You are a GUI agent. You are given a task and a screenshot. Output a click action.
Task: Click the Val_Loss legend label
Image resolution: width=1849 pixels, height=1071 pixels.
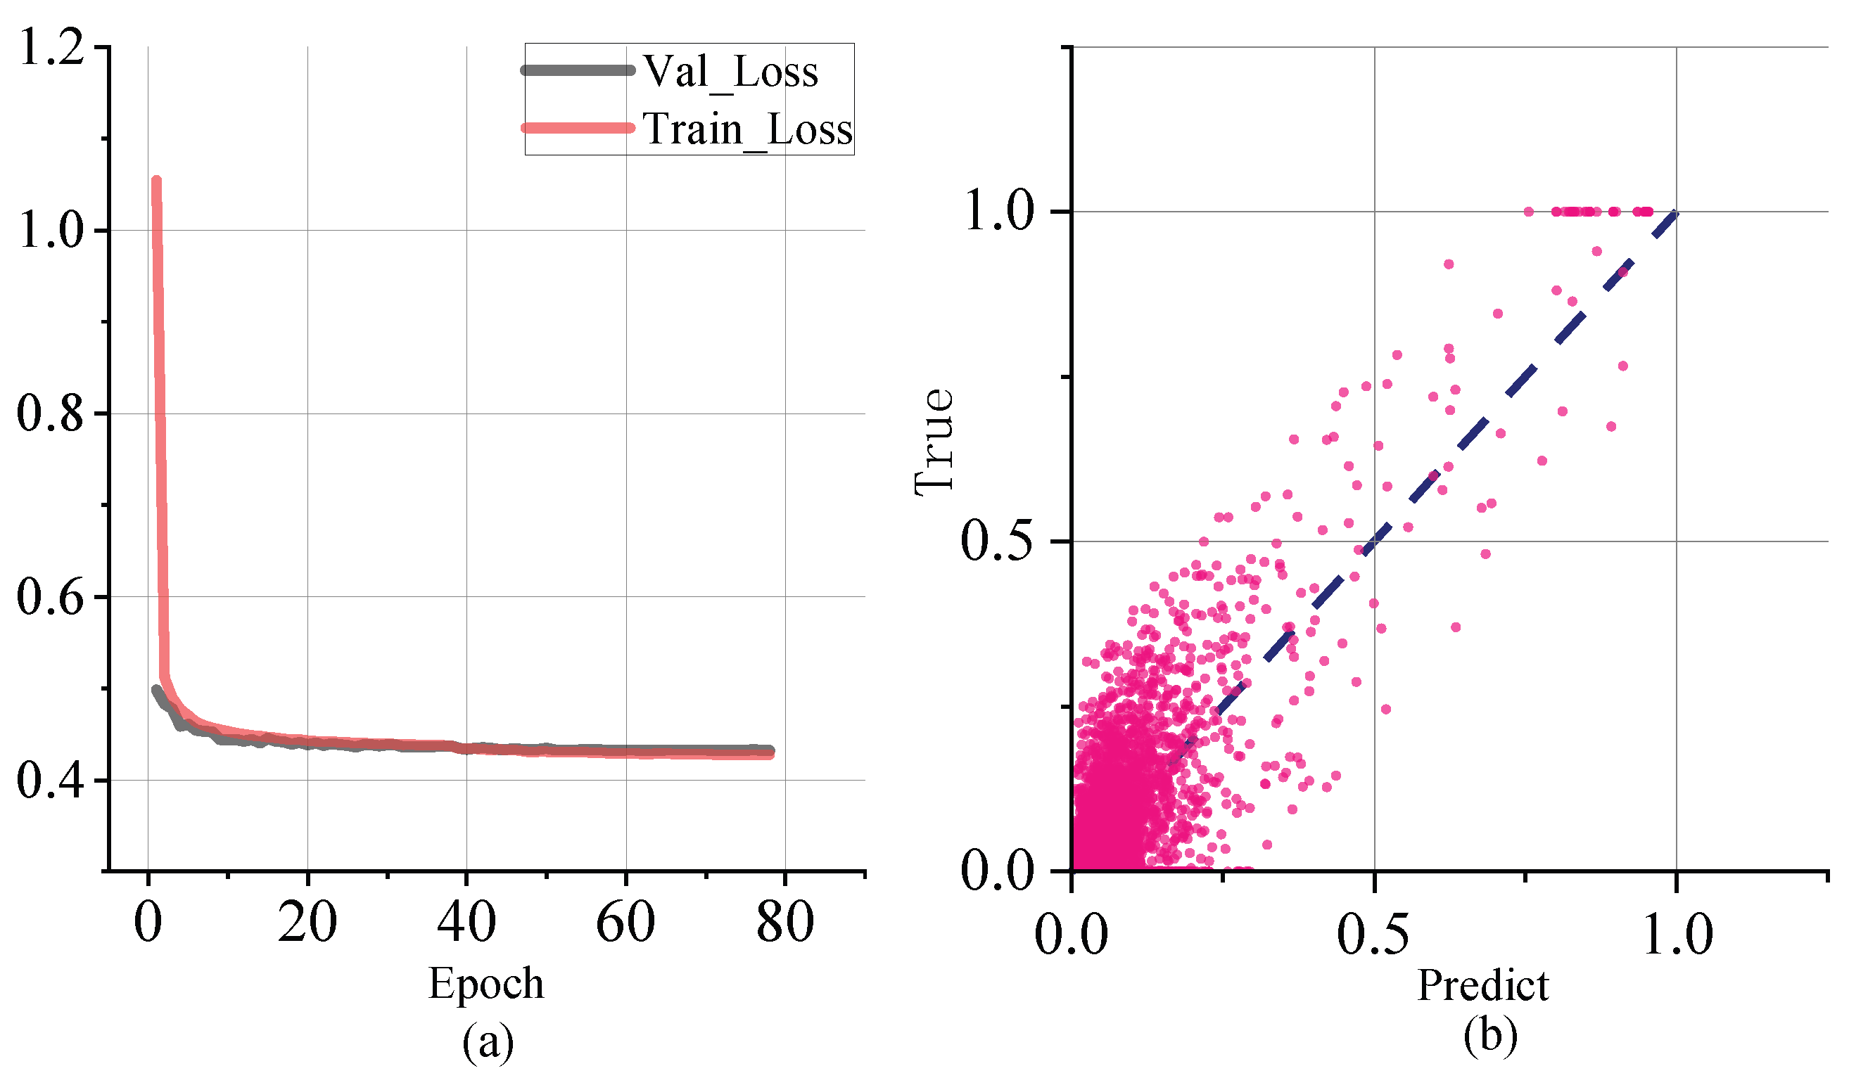pyautogui.click(x=731, y=71)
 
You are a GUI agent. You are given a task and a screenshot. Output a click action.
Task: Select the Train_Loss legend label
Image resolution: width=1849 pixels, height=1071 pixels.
pyautogui.click(x=748, y=129)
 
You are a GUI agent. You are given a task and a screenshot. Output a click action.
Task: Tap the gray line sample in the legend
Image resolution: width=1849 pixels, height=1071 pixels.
pyautogui.click(x=578, y=70)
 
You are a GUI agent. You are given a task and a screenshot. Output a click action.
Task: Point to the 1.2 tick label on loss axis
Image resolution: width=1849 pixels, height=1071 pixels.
pyautogui.click(x=51, y=47)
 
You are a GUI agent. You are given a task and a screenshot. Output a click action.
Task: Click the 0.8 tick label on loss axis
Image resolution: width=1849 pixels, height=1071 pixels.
pyautogui.click(x=51, y=413)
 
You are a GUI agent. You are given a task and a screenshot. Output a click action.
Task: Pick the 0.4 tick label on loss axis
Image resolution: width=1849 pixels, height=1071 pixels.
pyautogui.click(x=51, y=780)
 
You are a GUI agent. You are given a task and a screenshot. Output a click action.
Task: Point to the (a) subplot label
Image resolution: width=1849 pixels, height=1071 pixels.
pyautogui.click(x=487, y=1041)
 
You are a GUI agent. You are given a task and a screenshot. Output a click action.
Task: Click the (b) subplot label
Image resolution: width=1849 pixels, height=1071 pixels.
pyautogui.click(x=1490, y=1037)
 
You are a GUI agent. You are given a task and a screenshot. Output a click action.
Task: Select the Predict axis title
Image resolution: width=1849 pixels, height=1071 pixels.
pyautogui.click(x=1483, y=985)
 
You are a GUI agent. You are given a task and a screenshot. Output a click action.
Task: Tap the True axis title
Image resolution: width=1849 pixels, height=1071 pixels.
pyautogui.click(x=935, y=442)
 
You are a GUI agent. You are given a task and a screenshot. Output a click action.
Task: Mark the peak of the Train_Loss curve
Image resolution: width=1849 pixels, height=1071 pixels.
pyautogui.click(x=155, y=180)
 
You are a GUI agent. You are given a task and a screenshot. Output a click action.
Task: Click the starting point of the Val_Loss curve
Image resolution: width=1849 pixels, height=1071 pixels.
pyautogui.click(x=156, y=690)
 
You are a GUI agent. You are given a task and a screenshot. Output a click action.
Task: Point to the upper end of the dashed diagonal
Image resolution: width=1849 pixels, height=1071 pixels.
pyautogui.click(x=1675, y=213)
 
